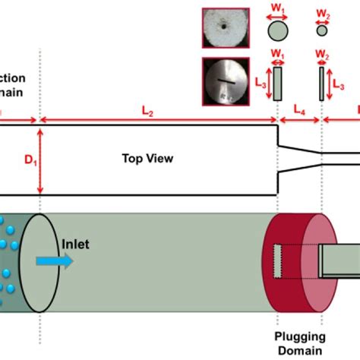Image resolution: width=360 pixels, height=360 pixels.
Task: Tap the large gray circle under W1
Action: (x=278, y=31)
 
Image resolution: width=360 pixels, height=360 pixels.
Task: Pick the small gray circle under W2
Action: (x=322, y=32)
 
